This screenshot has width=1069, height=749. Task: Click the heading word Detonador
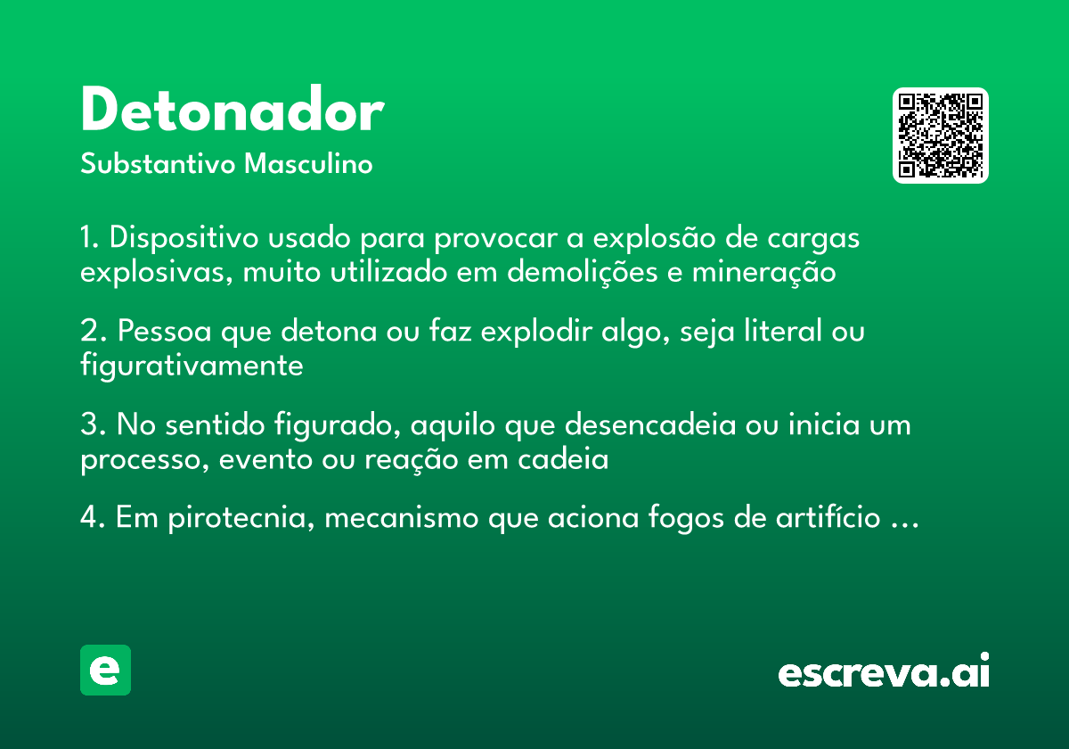click(x=232, y=111)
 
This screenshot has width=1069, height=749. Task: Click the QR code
click(x=941, y=136)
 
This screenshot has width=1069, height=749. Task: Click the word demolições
click(x=583, y=271)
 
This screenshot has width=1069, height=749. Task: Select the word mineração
click(x=763, y=271)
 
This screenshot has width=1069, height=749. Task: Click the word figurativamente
click(x=192, y=366)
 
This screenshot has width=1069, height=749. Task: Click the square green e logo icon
click(x=105, y=670)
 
